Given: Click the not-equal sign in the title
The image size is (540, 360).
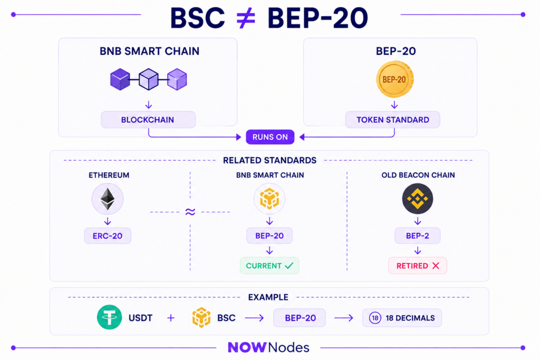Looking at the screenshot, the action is pyautogui.click(x=246, y=18).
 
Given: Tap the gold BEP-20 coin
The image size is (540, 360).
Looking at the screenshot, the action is pyautogui.click(x=394, y=80).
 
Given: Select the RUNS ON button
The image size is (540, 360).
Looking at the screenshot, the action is pyautogui.click(x=270, y=137).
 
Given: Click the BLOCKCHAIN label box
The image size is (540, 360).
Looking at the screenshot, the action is pyautogui.click(x=148, y=120).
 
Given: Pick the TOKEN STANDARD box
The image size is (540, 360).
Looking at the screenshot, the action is pyautogui.click(x=392, y=120).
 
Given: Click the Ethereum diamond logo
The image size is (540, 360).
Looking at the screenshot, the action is pyautogui.click(x=108, y=199).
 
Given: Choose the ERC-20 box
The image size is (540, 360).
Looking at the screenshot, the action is pyautogui.click(x=108, y=236).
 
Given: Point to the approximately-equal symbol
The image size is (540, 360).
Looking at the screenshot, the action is pyautogui.click(x=190, y=212).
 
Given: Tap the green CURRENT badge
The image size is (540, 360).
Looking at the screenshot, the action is pyautogui.click(x=269, y=266).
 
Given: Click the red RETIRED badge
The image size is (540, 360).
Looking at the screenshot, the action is pyautogui.click(x=418, y=266).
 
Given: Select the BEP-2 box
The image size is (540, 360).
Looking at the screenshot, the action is pyautogui.click(x=418, y=236).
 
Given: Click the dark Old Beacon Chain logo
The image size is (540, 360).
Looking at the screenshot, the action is pyautogui.click(x=418, y=199).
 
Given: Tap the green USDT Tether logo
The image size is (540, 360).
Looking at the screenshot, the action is pyautogui.click(x=110, y=317).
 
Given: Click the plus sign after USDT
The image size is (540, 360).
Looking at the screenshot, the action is pyautogui.click(x=171, y=318).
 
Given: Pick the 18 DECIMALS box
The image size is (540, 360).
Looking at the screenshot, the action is pyautogui.click(x=402, y=318).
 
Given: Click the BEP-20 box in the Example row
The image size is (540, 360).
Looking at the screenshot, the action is pyautogui.click(x=300, y=318).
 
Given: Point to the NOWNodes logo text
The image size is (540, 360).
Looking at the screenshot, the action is pyautogui.click(x=268, y=347).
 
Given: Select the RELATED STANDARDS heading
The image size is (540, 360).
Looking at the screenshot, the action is pyautogui.click(x=269, y=160).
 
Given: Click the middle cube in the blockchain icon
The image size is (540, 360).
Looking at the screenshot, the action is pyautogui.click(x=148, y=80).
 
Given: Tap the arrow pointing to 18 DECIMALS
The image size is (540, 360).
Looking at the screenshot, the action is pyautogui.click(x=344, y=318).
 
